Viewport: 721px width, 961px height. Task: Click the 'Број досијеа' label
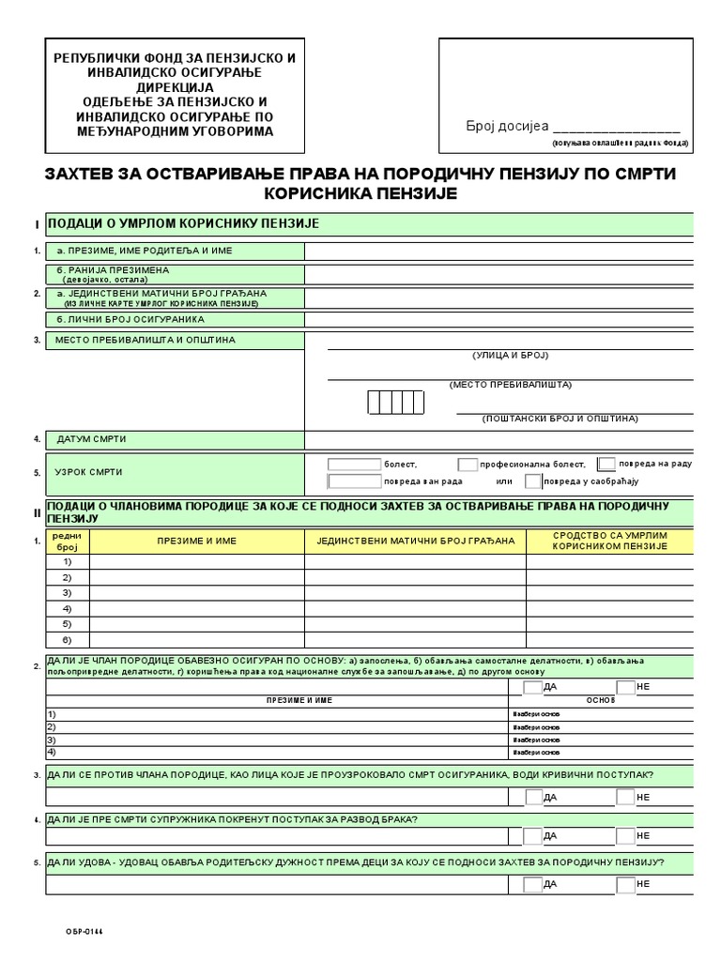point(507,127)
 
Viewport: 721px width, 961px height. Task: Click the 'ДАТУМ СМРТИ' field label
point(91,439)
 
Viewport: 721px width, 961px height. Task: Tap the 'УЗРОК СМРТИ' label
point(89,472)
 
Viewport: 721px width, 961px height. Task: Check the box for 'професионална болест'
point(468,465)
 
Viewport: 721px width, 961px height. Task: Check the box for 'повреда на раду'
point(607,464)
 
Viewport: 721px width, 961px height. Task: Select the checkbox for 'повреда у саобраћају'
point(533,481)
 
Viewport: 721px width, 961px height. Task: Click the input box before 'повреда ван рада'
point(354,481)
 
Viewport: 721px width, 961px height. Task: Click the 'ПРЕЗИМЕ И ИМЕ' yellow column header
point(196,542)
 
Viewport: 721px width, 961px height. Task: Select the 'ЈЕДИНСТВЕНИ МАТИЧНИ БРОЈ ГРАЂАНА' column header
point(415,542)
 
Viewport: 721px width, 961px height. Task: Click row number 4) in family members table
point(68,608)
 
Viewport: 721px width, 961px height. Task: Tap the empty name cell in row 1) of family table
point(196,562)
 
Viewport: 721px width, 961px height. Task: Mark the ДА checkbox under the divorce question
point(533,835)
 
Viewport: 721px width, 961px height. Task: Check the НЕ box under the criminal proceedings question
point(625,797)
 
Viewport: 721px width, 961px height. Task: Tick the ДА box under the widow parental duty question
point(533,884)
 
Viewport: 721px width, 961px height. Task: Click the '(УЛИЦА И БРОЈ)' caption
point(510,356)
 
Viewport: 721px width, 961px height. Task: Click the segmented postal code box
point(396,402)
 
